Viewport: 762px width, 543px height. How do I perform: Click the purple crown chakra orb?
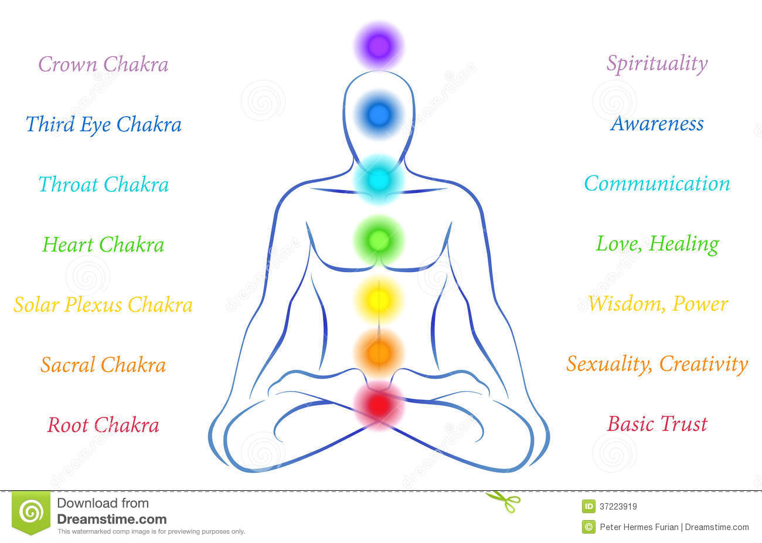(379, 46)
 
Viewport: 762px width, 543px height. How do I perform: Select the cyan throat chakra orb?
(379, 179)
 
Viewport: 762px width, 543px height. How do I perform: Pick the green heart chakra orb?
(379, 239)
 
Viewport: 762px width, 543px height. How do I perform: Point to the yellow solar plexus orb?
(379, 300)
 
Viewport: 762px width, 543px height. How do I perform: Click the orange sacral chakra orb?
(379, 352)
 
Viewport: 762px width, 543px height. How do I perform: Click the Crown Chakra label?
(103, 65)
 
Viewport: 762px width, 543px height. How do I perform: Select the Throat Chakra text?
(103, 185)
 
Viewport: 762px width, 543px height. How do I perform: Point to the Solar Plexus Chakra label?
(103, 305)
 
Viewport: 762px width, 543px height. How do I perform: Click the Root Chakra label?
(103, 425)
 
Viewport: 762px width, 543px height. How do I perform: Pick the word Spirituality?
(657, 64)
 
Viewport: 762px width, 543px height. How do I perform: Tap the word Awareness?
(657, 124)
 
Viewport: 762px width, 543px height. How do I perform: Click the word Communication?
(657, 184)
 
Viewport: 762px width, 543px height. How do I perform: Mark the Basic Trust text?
(657, 424)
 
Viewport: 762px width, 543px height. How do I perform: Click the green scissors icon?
(504, 501)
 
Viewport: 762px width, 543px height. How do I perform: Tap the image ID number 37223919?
(618, 507)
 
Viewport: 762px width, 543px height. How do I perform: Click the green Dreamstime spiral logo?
(31, 513)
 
